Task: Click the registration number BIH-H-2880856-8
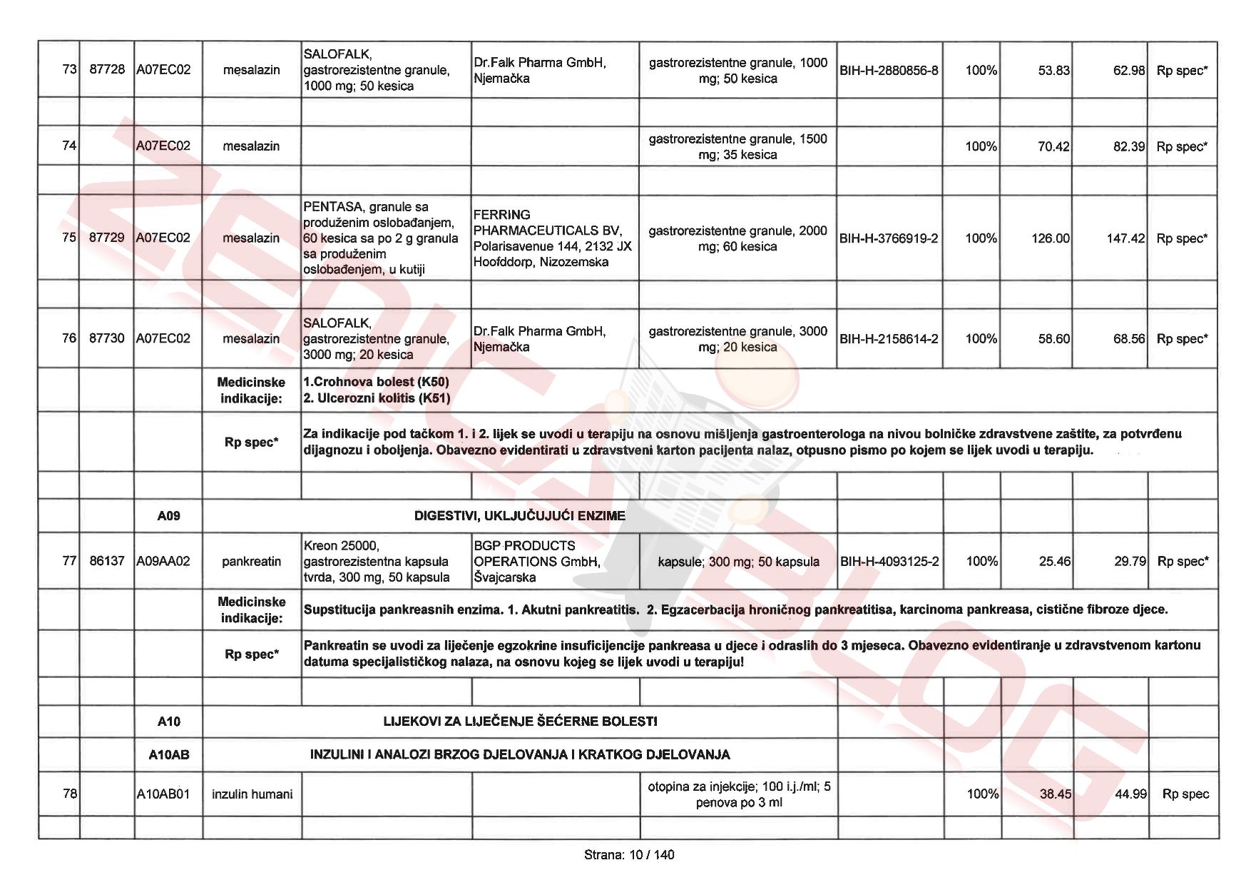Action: point(889,71)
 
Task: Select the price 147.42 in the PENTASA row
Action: point(1125,238)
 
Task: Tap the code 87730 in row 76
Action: point(107,338)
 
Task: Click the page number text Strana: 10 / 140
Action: point(628,855)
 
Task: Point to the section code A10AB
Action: point(169,754)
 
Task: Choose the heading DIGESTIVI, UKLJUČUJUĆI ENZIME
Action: point(519,516)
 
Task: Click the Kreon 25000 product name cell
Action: point(377,562)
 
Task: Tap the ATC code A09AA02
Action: point(163,562)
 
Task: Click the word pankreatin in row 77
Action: point(251,562)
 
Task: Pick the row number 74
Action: point(69,146)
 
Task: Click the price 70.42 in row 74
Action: point(1053,146)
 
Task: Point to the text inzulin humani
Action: point(252,794)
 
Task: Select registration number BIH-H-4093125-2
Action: point(889,562)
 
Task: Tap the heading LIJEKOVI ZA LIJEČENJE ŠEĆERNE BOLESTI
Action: point(520,722)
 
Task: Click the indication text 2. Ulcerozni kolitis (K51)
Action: point(377,398)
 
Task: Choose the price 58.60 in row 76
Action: point(1054,339)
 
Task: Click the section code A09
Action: point(169,516)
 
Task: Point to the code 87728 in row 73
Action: point(107,70)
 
